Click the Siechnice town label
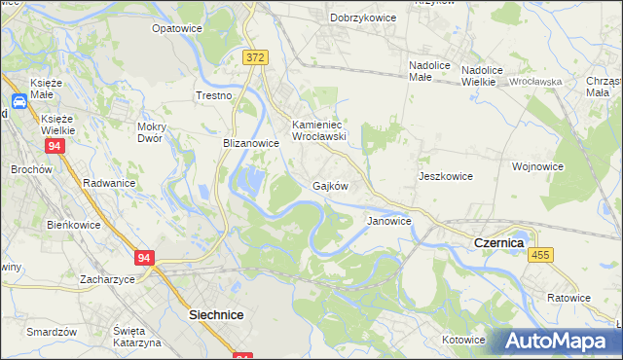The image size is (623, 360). tap(215, 315)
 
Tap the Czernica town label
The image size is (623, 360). tap(498, 241)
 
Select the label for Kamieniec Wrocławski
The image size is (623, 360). tap(319, 130)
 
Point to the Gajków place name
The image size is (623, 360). tap(330, 185)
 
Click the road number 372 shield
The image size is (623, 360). tap(255, 58)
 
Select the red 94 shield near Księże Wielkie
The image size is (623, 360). tap(54, 146)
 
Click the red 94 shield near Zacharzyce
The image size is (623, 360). tap(145, 258)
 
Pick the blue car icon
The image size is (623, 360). tap(18, 100)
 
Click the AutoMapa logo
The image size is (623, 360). tap(563, 341)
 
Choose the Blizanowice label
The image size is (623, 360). tap(251, 143)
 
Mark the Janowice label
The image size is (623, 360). tap(388, 221)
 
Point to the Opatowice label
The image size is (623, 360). tap(176, 29)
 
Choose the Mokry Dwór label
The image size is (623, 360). tap(157, 132)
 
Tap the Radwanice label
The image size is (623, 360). tap(109, 183)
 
